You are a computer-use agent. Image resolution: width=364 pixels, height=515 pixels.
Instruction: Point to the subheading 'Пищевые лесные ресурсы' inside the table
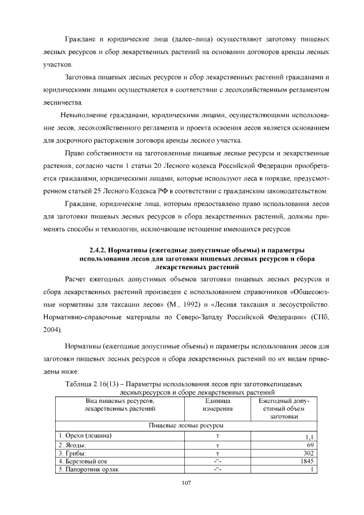pos(185,425)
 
